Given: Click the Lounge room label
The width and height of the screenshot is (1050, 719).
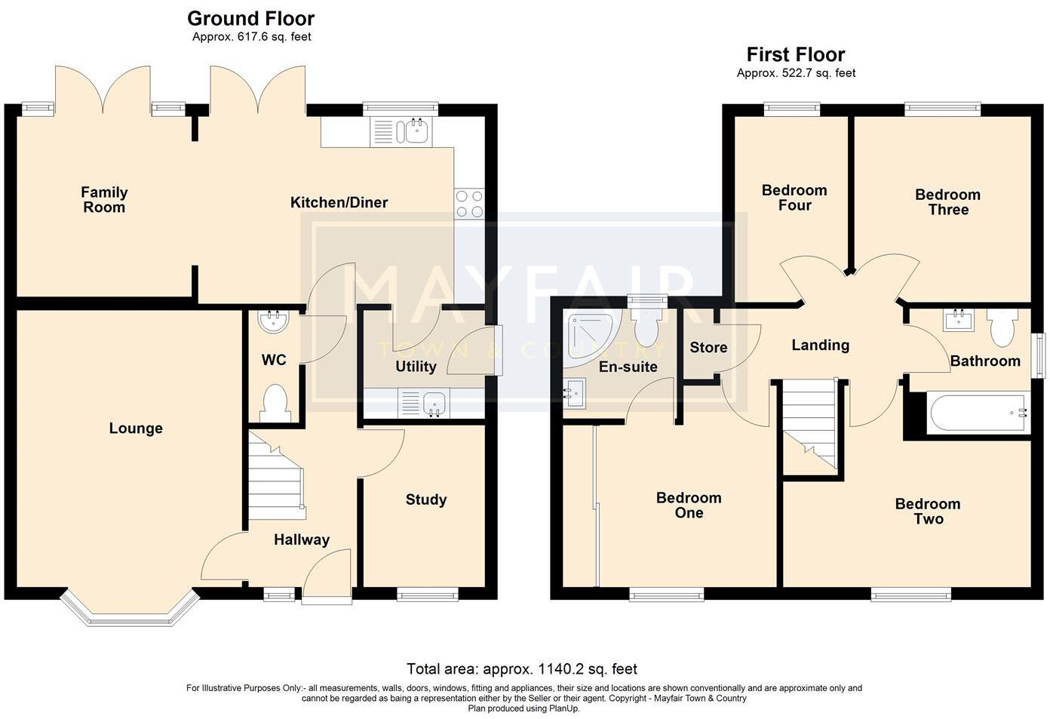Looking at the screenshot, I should click(x=136, y=429).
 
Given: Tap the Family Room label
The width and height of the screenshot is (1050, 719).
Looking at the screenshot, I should click(x=104, y=200).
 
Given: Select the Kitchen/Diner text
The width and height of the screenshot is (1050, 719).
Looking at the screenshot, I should click(x=339, y=202).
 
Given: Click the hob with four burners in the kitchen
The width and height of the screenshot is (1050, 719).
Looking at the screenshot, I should click(x=469, y=204).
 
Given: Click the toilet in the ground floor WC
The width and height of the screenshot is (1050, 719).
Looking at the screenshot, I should click(x=275, y=403).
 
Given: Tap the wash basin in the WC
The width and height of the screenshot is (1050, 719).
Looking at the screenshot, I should click(x=273, y=322).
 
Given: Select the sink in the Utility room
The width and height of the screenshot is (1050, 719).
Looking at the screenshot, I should click(x=434, y=403).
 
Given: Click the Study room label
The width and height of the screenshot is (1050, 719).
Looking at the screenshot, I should click(x=425, y=499).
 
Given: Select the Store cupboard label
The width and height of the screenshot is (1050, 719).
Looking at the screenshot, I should click(x=708, y=347).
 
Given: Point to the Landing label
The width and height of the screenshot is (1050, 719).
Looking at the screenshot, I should click(x=820, y=345).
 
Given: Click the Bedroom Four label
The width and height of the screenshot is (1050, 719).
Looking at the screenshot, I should click(x=794, y=198).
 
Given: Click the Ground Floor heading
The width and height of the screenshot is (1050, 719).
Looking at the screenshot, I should click(x=251, y=18).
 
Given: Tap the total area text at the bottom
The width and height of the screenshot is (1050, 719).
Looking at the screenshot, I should click(x=521, y=668).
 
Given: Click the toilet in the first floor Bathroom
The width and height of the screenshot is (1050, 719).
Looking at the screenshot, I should click(x=1002, y=327).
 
